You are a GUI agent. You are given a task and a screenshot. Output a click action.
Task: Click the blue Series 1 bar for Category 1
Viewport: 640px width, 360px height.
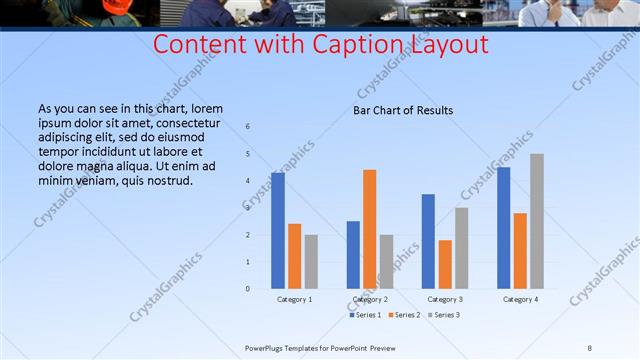[278, 231]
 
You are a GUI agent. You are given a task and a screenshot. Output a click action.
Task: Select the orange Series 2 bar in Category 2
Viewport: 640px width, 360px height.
[370, 229]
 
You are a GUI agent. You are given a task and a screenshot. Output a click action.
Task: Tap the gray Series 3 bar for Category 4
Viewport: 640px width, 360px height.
[537, 221]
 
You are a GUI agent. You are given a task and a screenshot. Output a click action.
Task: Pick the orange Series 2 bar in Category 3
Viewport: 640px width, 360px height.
[445, 264]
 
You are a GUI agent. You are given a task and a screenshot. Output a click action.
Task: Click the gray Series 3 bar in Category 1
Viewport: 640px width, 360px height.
[311, 262]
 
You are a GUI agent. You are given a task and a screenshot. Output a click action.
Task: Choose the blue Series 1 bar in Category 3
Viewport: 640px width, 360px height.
[428, 241]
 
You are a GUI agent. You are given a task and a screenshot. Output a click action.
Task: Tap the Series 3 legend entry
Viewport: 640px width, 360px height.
[444, 315]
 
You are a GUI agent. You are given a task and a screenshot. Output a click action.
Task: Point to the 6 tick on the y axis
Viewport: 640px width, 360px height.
[248, 127]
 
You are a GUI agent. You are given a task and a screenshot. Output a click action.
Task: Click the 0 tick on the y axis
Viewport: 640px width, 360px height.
[248, 289]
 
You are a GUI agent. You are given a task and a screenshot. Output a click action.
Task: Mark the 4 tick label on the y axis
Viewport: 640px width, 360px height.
[248, 181]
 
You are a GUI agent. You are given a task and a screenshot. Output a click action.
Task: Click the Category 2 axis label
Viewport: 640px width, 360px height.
[370, 300]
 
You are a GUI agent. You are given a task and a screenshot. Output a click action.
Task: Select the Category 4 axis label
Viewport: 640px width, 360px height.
[520, 300]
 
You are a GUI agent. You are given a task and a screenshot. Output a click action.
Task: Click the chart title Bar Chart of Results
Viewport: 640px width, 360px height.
[403, 110]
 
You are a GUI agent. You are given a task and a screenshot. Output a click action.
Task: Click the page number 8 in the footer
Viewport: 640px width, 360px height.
[590, 347]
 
